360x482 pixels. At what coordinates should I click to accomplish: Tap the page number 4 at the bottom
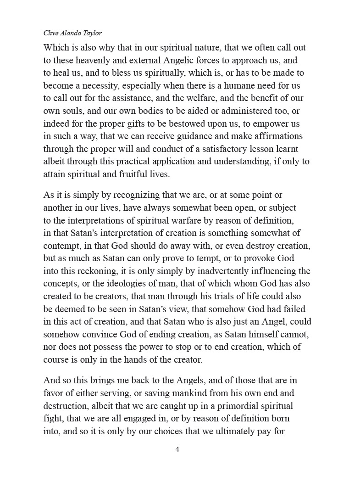(x=177, y=449)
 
